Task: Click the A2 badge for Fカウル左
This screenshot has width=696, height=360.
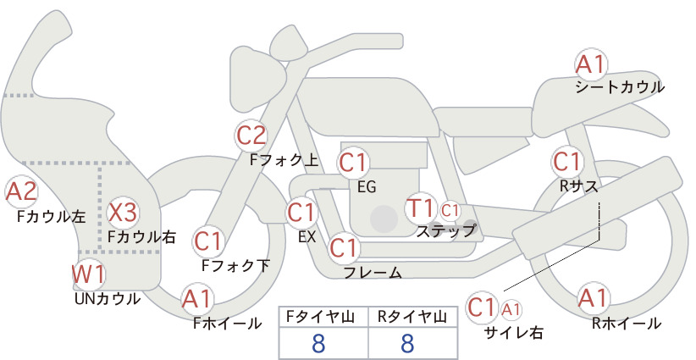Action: pos(21,191)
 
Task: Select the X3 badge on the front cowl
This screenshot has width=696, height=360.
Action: pos(123,212)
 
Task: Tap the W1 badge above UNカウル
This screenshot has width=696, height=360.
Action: pos(89,274)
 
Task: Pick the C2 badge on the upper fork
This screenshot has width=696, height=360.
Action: pos(251,136)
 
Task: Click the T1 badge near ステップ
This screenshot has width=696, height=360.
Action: pos(420,208)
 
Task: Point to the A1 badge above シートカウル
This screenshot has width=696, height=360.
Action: pos(591,65)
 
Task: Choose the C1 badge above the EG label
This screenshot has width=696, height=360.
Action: pos(353,163)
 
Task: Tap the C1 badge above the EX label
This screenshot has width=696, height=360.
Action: pos(302,213)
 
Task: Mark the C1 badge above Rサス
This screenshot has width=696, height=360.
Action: pos(567,162)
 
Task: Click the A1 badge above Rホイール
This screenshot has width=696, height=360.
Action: pos(593,298)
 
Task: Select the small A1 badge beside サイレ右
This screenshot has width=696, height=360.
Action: pos(511,309)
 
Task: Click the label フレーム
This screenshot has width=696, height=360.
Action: pos(373,273)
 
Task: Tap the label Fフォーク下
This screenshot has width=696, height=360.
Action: pos(235,265)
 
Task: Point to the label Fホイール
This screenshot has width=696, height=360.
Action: pos(227,324)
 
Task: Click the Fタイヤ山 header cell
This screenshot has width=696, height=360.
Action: pos(323,317)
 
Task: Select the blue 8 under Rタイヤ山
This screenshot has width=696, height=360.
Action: pos(407,343)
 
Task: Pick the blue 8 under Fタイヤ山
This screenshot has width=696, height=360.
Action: pos(318,343)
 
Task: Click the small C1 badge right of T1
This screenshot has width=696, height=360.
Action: pos(450,211)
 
